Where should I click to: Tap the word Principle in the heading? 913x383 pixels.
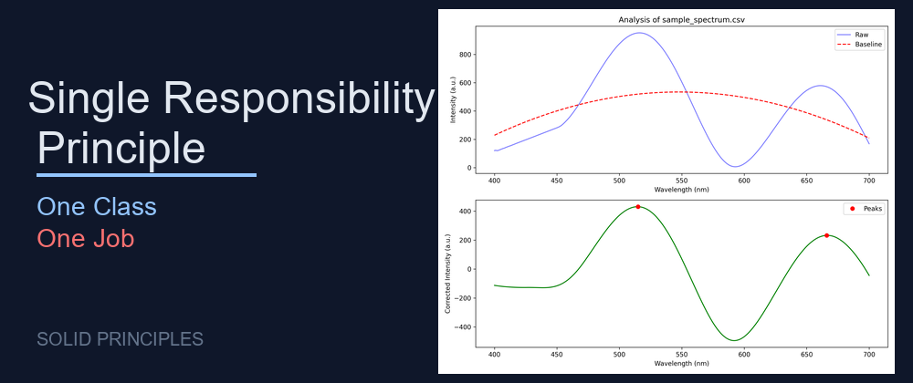(121, 148)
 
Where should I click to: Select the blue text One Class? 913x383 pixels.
(97, 207)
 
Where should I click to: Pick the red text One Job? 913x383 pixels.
(86, 239)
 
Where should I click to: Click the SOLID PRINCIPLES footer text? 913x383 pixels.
(120, 340)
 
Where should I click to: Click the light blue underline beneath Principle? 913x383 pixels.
(146, 174)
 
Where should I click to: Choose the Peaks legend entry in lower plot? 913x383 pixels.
(867, 210)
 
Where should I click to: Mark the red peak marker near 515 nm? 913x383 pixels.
(638, 207)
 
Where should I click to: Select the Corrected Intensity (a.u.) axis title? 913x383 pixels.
(448, 274)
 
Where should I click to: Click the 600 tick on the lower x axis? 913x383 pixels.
(743, 355)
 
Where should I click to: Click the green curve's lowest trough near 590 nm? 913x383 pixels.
(733, 340)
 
